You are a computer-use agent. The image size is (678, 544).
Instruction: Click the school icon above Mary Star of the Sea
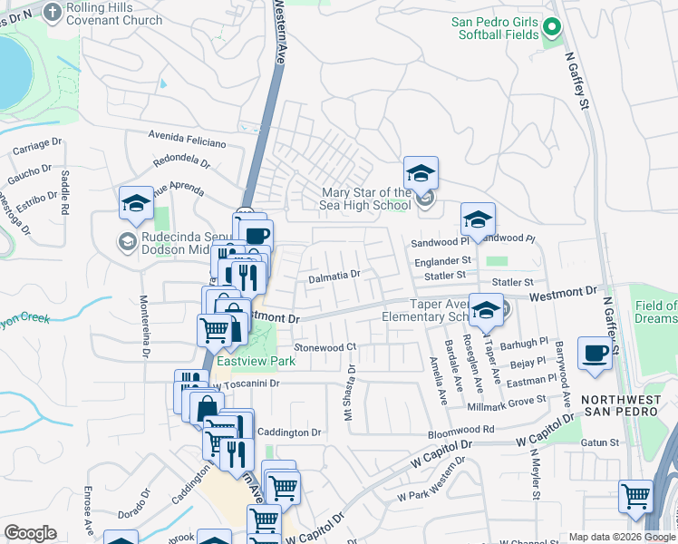pyautogui.click(x=421, y=172)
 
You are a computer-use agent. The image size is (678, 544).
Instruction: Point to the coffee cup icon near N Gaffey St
pyautogui.click(x=595, y=353)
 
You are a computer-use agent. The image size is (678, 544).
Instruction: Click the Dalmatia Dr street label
pyautogui.click(x=334, y=276)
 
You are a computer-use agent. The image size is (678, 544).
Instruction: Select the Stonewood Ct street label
pyautogui.click(x=325, y=347)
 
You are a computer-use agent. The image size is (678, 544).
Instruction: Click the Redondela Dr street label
pyautogui.click(x=182, y=161)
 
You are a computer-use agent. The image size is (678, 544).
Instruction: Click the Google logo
pyautogui.click(x=30, y=533)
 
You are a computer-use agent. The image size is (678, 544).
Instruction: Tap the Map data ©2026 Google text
pyautogui.click(x=622, y=537)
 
